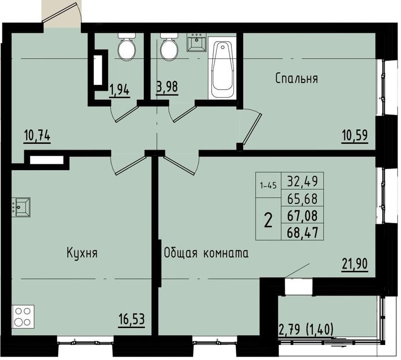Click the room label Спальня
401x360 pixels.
(296, 78)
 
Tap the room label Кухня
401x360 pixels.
(82, 253)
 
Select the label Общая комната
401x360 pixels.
(206, 253)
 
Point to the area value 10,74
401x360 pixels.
(37, 136)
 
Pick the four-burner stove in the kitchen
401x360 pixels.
(23, 317)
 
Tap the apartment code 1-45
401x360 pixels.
(268, 185)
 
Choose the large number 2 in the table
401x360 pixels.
(268, 220)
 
